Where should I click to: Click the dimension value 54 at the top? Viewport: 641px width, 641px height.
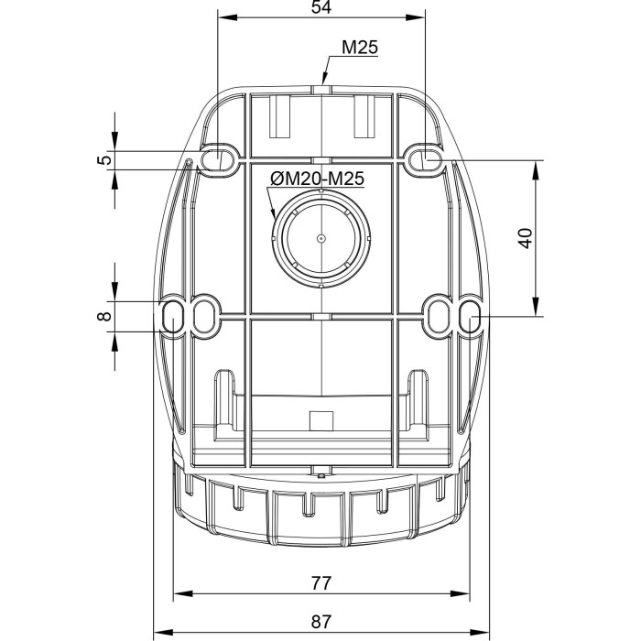320,7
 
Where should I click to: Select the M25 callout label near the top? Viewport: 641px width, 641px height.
361,49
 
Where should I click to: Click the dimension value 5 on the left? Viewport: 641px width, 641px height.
106,159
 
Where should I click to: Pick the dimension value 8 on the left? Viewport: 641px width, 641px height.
106,316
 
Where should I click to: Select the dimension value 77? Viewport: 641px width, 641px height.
320,582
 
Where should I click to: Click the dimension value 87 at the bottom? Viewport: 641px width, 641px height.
320,621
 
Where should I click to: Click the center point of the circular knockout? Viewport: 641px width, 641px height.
320,237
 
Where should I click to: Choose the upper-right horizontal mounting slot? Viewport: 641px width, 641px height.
424,159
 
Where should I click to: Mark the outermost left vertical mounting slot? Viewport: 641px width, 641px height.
171,316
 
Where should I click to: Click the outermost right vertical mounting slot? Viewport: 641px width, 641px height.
469,316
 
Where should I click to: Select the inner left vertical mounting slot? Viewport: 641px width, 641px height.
204,316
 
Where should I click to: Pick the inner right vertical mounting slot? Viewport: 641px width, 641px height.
437,316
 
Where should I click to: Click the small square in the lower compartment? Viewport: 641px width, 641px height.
320,420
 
